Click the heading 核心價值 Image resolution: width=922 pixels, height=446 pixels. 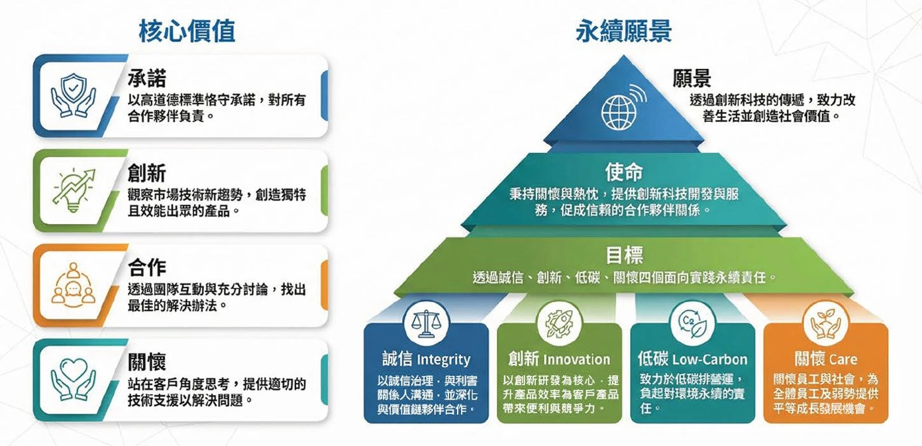click(187, 31)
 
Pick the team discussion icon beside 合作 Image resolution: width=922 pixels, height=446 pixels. click(73, 285)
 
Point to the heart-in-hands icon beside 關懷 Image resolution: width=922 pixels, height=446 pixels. click(73, 380)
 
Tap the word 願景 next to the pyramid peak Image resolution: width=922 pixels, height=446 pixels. click(691, 79)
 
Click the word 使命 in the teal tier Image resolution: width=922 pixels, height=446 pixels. click(623, 172)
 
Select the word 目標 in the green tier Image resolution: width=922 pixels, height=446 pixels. click(623, 255)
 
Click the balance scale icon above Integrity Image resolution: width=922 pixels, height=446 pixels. click(425, 323)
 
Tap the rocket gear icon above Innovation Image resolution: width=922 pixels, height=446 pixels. click(558, 323)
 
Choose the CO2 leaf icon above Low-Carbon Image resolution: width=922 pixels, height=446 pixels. click(692, 323)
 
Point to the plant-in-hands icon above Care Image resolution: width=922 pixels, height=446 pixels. click(825, 323)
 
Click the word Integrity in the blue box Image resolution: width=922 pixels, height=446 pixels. click(443, 361)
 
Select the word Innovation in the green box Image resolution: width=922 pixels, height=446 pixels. click(576, 360)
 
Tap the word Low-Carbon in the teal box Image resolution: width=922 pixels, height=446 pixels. click(709, 360)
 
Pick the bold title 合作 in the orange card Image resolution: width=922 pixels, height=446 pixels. click(146, 268)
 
